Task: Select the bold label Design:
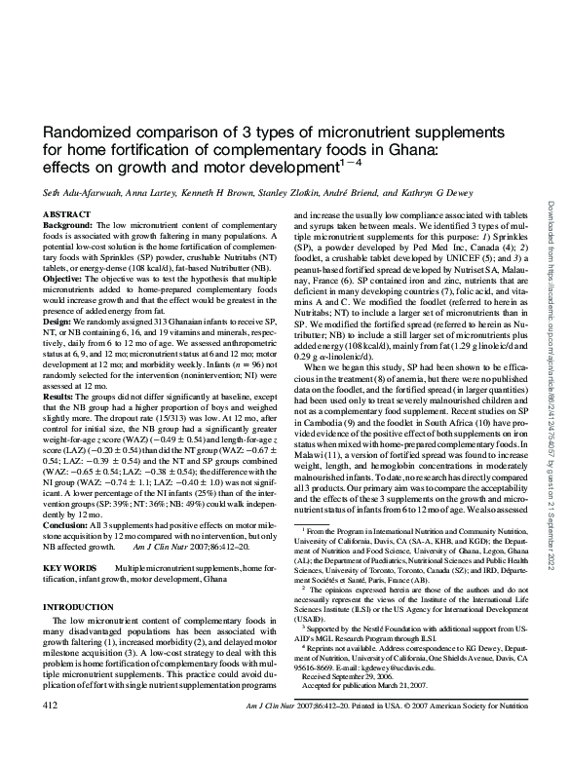point(59,320)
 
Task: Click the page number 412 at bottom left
point(54,729)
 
